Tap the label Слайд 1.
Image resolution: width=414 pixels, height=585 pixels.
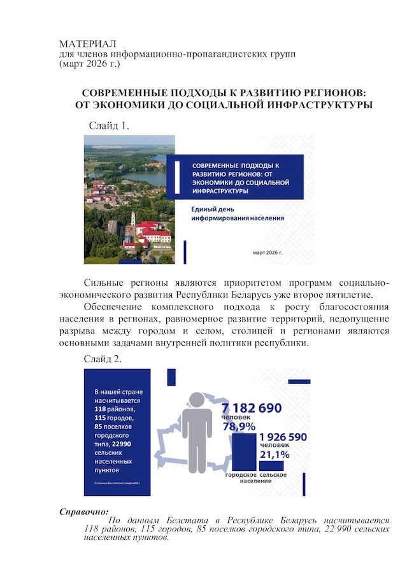pyautogui.click(x=109, y=125)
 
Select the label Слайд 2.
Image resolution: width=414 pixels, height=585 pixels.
pyautogui.click(x=103, y=359)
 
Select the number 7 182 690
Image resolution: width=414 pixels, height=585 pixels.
pyautogui.click(x=255, y=408)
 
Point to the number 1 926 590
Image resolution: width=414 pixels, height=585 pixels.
pyautogui.click(x=283, y=437)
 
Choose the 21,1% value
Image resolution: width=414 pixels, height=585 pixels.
pyautogui.click(x=275, y=455)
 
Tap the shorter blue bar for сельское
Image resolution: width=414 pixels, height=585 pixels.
pyautogui.click(x=272, y=466)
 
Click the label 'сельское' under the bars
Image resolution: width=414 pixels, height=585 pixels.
pyautogui.click(x=273, y=475)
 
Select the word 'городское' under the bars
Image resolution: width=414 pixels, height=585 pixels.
pyautogui.click(x=241, y=475)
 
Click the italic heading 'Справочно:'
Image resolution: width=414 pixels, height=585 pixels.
pyautogui.click(x=83, y=511)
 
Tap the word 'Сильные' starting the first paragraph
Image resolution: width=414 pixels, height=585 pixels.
pyautogui.click(x=105, y=282)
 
